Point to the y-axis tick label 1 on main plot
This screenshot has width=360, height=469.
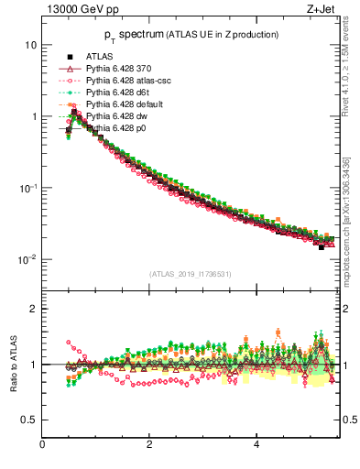pos(33,116)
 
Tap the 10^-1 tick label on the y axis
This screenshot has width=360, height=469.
pos(27,187)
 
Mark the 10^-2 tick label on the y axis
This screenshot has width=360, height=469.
pos(27,258)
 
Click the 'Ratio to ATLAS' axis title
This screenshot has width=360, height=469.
pos(12,364)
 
